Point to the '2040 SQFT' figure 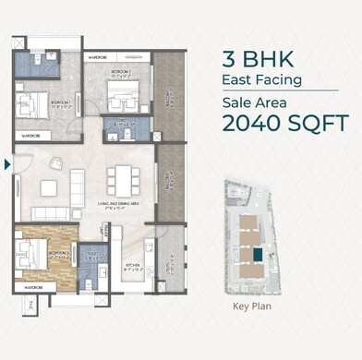coord(284,122)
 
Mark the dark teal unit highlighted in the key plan coord(259,253)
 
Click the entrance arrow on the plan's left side coord(8,165)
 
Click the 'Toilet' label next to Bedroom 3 coord(91,255)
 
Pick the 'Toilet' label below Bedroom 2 coord(119,121)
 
